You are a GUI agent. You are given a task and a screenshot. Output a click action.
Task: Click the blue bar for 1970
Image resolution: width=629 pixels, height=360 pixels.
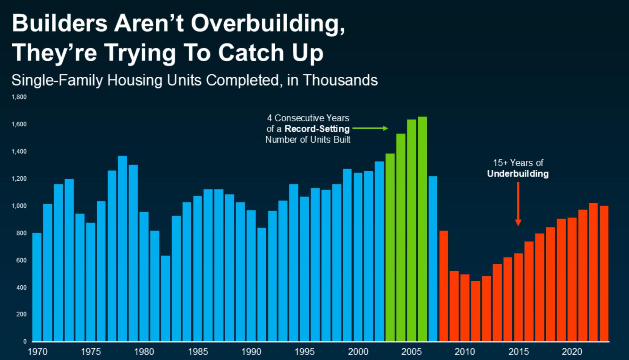(x=37, y=287)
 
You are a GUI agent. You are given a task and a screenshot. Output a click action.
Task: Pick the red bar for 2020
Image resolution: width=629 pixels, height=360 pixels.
(x=572, y=279)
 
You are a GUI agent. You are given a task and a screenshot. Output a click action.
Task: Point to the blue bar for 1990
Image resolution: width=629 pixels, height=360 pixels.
(x=251, y=276)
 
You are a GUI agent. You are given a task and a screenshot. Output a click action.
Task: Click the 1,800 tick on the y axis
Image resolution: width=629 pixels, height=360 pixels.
(x=19, y=97)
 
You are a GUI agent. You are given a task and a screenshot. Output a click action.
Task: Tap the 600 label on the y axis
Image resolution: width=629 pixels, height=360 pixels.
(x=21, y=260)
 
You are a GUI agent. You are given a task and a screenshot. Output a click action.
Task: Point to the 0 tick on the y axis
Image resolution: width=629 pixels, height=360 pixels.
(x=25, y=341)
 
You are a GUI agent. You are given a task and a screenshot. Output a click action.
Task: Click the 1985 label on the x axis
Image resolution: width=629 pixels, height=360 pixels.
(x=198, y=352)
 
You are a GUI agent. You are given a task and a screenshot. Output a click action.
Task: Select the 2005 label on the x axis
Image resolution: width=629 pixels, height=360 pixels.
(x=411, y=352)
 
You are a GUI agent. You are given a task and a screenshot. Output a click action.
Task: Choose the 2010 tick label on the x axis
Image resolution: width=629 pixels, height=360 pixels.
(x=465, y=352)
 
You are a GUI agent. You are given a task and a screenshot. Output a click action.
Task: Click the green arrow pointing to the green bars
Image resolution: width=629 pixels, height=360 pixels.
(x=370, y=129)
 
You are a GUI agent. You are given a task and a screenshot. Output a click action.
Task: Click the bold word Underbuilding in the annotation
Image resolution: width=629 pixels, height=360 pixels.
(x=517, y=174)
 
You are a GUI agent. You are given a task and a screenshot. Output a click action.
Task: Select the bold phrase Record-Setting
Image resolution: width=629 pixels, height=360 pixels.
(x=317, y=129)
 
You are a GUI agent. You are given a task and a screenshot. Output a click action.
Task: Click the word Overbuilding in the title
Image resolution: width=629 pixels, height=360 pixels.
(x=268, y=23)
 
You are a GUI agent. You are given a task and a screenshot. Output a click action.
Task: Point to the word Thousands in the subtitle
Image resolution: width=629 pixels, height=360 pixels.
(x=340, y=80)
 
